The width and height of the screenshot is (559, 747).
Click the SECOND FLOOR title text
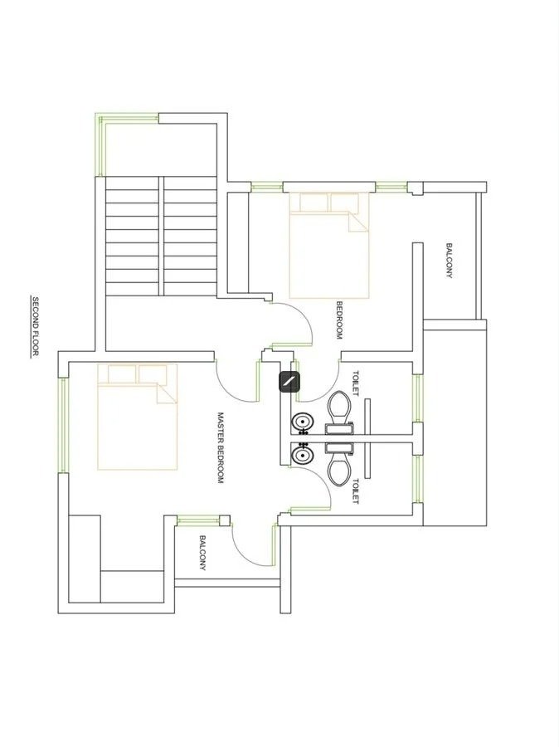pos(36,326)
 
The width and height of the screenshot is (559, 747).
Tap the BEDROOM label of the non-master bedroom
pos(339,320)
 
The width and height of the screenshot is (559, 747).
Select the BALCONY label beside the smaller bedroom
pos(449,261)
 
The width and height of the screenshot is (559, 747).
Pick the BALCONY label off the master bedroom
pos(202,553)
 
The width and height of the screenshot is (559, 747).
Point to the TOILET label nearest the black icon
pos(356,383)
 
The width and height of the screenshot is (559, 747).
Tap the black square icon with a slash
pos(289,382)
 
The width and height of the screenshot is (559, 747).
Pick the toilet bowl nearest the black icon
pos(338,407)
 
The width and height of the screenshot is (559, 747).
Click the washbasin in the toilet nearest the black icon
pos(302,424)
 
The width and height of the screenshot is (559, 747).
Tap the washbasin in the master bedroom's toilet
pos(302,455)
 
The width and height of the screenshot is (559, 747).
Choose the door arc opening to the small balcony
pos(254,544)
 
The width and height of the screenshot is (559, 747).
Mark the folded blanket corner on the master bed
pos(167,393)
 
